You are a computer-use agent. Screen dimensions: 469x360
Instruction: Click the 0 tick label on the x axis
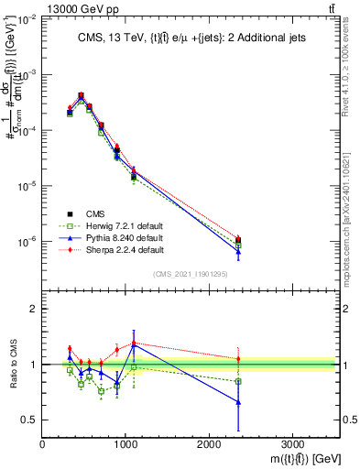tap(42, 444)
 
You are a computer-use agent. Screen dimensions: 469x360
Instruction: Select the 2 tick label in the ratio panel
tap(34, 309)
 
